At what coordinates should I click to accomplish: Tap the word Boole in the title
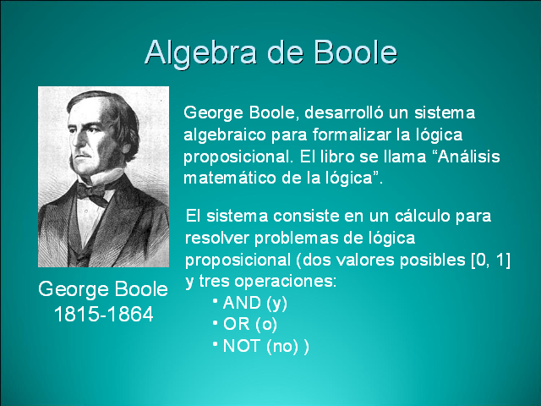click(x=355, y=52)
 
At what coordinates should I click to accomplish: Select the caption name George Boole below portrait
click(x=103, y=290)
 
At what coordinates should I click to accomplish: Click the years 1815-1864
click(x=103, y=315)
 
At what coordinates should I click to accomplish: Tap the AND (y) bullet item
click(x=254, y=303)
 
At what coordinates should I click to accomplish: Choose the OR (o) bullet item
click(x=250, y=324)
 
